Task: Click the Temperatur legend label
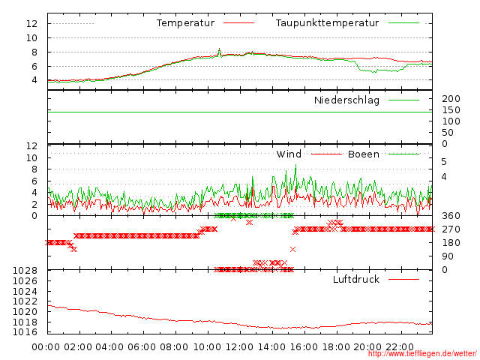[185, 23]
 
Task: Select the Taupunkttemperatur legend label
[327, 23]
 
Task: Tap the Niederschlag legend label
[346, 100]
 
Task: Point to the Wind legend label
[289, 154]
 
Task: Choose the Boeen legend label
[363, 154]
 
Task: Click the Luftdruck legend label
[355, 280]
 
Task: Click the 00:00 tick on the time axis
[46, 347]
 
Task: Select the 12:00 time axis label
[239, 347]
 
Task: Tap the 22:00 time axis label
[400, 347]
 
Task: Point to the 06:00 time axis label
[142, 347]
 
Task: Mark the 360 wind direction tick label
[451, 216]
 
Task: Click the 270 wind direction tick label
[451, 229]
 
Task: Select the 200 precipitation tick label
[451, 99]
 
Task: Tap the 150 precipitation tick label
[451, 110]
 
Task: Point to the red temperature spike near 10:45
[219, 49]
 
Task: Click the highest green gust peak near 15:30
[295, 166]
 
